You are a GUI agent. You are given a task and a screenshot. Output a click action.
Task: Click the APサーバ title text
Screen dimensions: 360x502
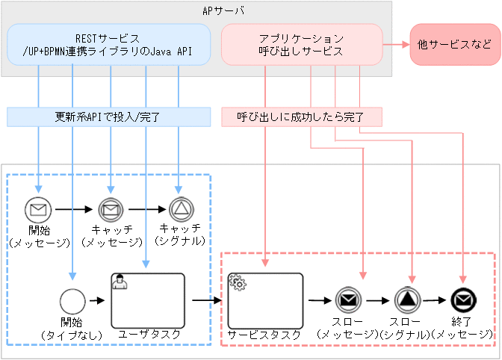click(224, 11)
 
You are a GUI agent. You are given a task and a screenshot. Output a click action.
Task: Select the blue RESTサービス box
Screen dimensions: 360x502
click(109, 44)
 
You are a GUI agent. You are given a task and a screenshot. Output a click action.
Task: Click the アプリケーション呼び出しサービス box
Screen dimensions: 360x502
click(302, 44)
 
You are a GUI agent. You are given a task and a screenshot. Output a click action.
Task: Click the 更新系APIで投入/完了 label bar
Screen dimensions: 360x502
click(108, 117)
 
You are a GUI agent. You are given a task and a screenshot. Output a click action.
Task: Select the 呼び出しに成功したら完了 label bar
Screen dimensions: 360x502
click(302, 117)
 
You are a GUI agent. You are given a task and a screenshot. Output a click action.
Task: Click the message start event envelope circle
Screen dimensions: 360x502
click(37, 208)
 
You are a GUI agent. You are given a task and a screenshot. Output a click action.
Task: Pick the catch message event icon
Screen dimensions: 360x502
click(111, 208)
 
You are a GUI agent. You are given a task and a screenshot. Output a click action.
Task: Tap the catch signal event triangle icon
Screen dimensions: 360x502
click(180, 208)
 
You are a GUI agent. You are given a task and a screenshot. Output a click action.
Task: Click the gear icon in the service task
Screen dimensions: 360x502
click(238, 282)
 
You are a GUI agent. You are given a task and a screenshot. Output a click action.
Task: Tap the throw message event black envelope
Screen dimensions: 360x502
click(347, 300)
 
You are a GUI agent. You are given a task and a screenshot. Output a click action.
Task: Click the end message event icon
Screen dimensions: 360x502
click(464, 300)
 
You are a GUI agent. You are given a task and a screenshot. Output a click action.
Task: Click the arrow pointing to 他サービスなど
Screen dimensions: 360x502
click(396, 44)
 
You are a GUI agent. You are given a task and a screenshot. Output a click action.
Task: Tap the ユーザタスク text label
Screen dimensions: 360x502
click(149, 335)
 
